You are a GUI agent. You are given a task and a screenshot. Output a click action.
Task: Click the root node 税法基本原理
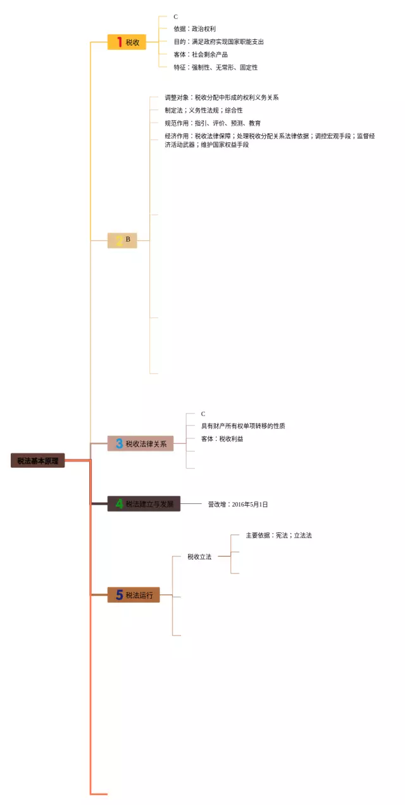coord(37,461)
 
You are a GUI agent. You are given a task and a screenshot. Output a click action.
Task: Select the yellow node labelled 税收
coord(127,42)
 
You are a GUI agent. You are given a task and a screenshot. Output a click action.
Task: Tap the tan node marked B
coord(122,240)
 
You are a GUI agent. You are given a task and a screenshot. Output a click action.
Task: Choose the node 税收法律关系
coord(140,444)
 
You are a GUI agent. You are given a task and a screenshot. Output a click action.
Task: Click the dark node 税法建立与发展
coord(144,504)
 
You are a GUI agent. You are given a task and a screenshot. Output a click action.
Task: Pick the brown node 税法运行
coord(134,595)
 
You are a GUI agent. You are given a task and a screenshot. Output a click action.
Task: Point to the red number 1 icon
coord(119,42)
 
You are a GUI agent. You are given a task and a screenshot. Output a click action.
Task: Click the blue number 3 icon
coord(119,444)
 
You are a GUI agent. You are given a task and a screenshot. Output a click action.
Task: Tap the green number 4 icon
coord(119,504)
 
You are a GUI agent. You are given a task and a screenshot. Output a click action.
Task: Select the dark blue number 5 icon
coord(119,595)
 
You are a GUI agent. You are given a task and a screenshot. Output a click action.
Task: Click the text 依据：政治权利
coord(194,29)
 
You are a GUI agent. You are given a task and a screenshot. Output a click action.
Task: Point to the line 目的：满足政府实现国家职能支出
coord(218,42)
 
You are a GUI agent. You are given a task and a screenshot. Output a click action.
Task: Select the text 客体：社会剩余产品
coord(201,54)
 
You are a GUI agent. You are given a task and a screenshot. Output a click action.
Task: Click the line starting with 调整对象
coord(221,98)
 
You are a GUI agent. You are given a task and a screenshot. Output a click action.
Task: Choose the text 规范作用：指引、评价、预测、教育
coord(213,123)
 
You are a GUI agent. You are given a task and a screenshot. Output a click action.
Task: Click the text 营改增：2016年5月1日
coord(238,505)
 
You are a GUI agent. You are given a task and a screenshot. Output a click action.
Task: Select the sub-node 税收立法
coord(199,557)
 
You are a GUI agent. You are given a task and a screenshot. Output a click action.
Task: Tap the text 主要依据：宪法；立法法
coord(278,536)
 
